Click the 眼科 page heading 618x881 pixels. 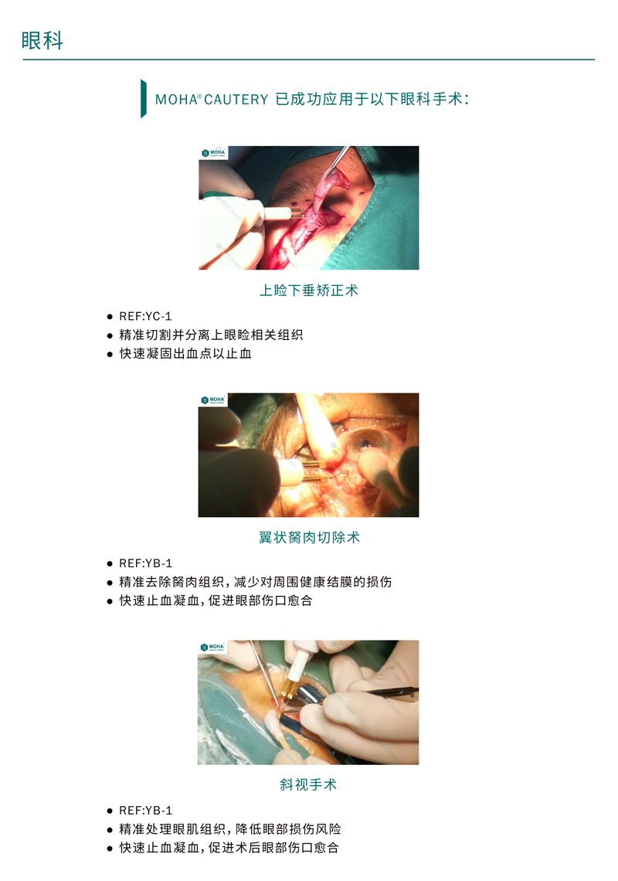click(x=42, y=40)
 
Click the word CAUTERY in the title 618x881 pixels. click(x=236, y=100)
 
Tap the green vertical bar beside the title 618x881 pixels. click(x=143, y=98)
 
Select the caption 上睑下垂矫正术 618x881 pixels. click(x=308, y=291)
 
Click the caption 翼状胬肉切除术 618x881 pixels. click(x=309, y=537)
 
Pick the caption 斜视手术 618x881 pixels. click(x=308, y=784)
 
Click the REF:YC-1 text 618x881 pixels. click(x=145, y=316)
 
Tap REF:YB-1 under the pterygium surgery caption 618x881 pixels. click(x=145, y=563)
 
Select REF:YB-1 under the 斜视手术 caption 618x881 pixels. click(x=145, y=810)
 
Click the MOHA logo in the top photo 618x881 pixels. click(x=213, y=153)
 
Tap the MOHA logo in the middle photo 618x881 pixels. click(x=213, y=400)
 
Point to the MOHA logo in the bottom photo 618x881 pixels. click(x=212, y=648)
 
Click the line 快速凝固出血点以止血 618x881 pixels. click(x=185, y=353)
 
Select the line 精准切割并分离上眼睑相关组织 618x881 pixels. click(x=211, y=335)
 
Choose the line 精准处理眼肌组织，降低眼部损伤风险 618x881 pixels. click(x=230, y=828)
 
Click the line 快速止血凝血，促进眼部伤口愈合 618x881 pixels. click(x=216, y=600)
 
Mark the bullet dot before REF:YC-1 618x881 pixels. click(x=110, y=317)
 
